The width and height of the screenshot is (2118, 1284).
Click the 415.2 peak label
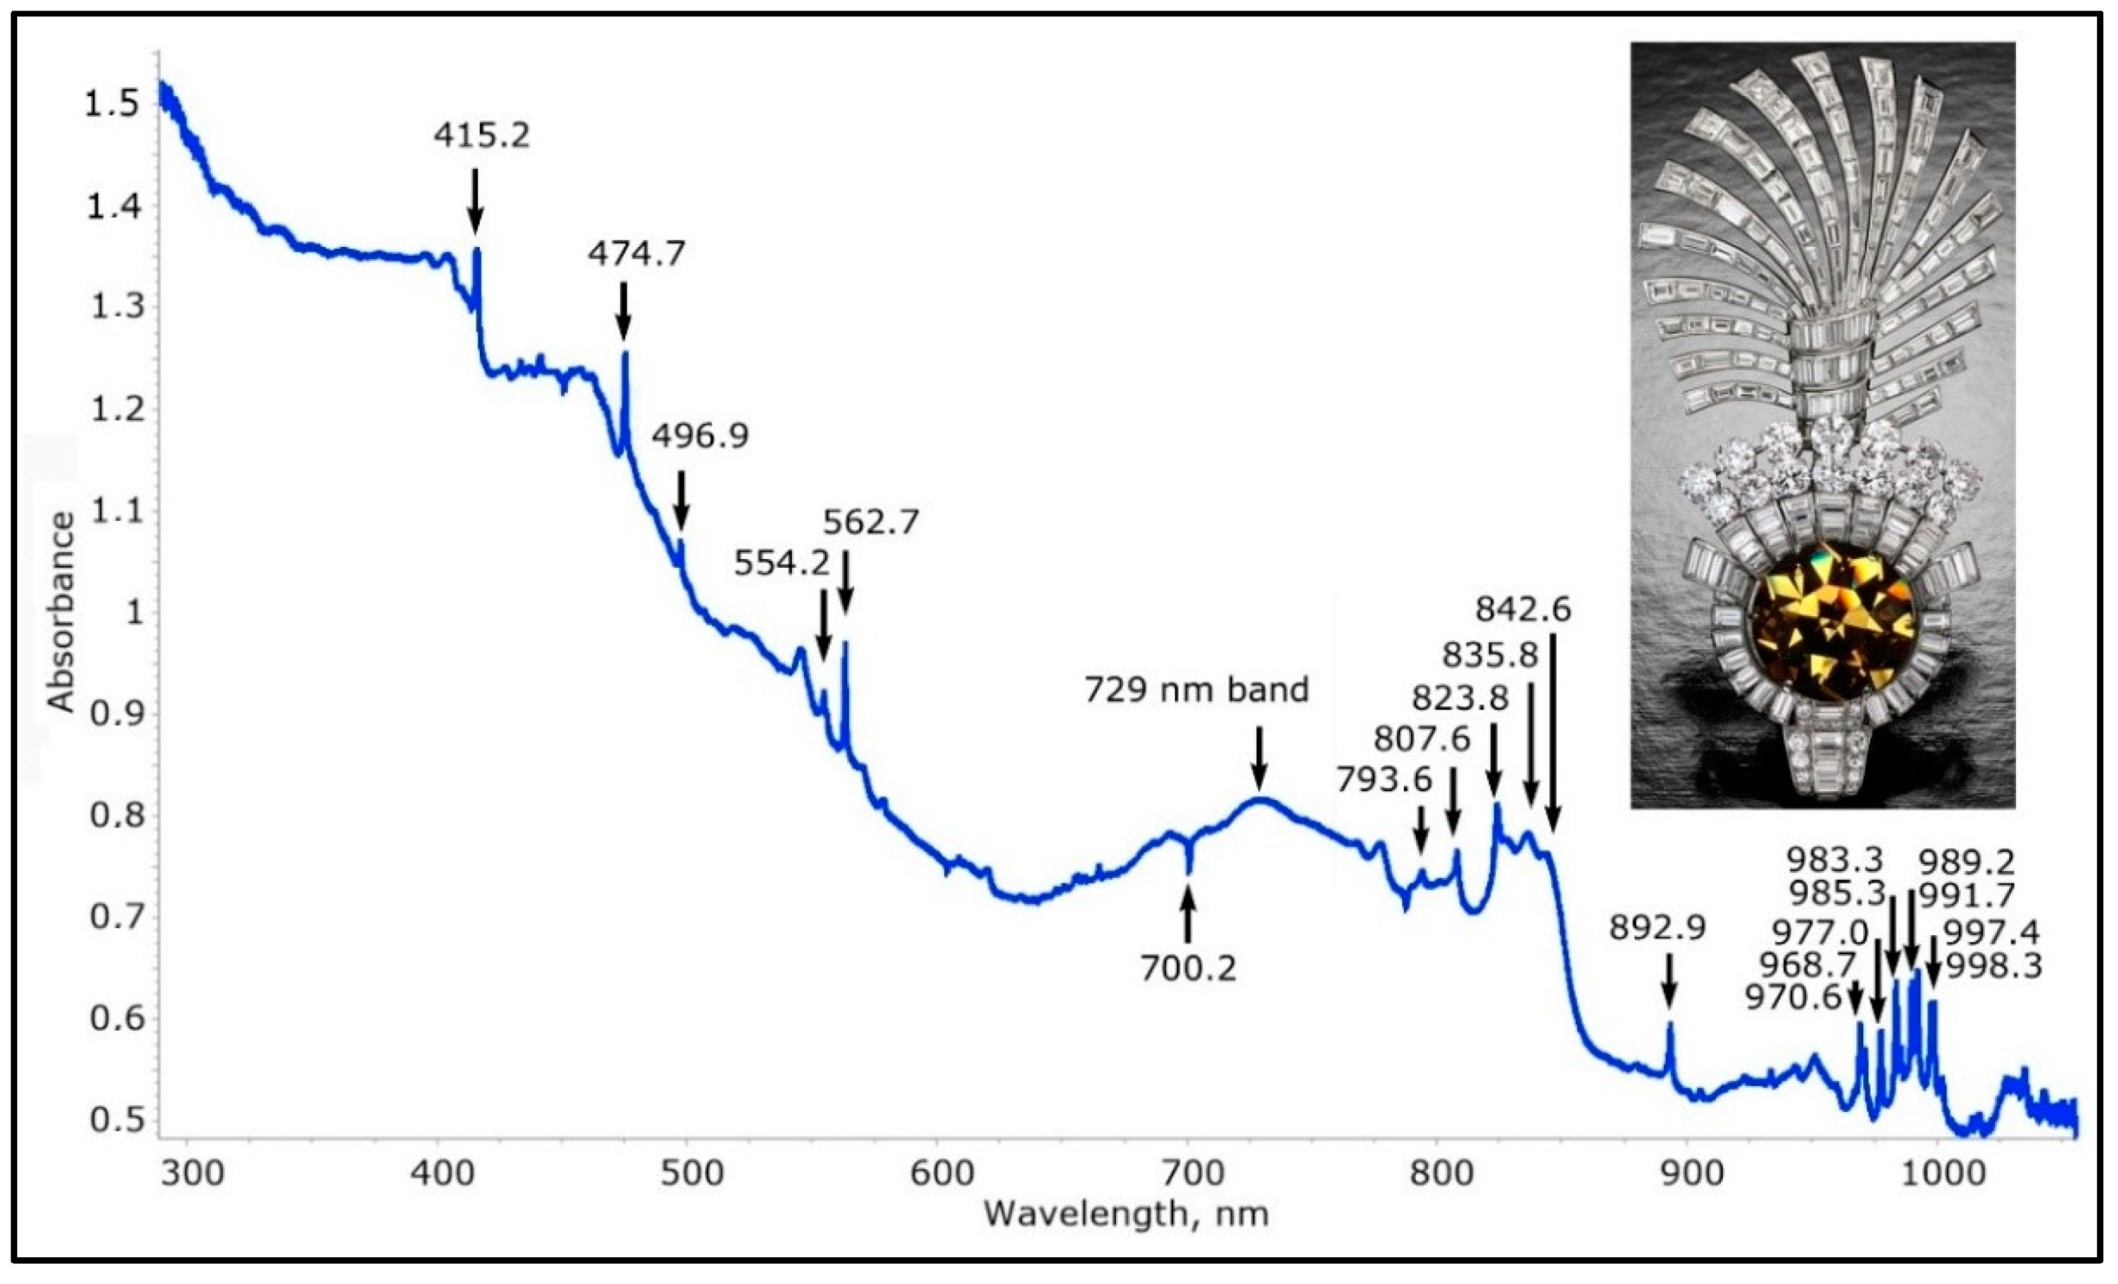481,135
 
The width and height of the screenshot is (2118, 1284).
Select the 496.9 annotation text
700,436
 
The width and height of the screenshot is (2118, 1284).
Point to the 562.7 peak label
870,521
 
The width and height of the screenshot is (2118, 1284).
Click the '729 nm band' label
1196,689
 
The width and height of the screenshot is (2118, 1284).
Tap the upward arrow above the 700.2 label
1188,915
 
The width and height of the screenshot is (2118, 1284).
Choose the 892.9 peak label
1657,928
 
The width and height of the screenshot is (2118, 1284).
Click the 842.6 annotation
1523,609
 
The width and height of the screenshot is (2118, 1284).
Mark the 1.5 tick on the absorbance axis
111,104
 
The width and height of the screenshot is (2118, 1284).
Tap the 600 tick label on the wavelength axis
941,1173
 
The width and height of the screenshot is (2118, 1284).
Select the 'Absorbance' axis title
60,612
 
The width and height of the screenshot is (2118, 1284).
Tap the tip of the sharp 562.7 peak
845,643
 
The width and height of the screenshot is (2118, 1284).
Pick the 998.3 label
1993,968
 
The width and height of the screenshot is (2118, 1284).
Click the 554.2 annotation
781,563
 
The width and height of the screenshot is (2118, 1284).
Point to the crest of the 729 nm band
1260,799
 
